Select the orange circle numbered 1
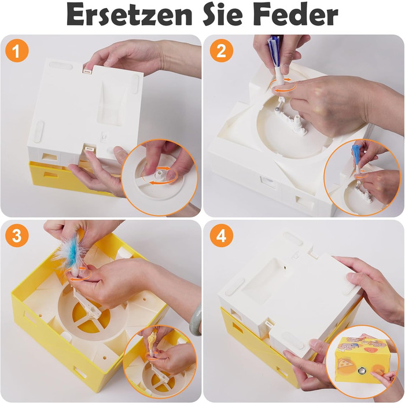click(x=17, y=51)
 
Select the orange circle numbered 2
click(x=221, y=51)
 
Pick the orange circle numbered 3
click(x=17, y=236)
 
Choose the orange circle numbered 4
click(x=221, y=236)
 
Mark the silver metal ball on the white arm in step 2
click(x=276, y=109)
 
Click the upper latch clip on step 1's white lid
click(x=87, y=71)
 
